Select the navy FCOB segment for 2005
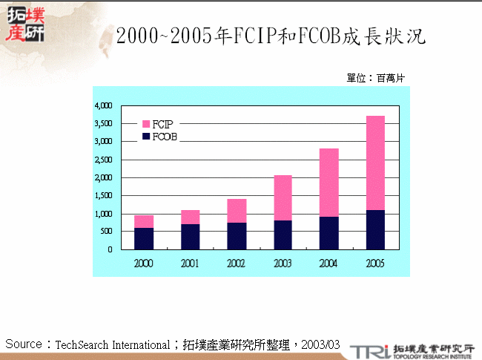374,230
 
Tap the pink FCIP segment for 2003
283,197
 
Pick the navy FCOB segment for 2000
144,239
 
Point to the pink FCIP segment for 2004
329,183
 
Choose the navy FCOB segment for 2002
237,236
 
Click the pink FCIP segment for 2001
191,217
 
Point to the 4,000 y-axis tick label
102,105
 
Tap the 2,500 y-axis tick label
102,160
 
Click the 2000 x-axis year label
144,264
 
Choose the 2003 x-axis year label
283,264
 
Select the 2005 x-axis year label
374,264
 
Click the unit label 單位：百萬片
375,78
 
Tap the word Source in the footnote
23,344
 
